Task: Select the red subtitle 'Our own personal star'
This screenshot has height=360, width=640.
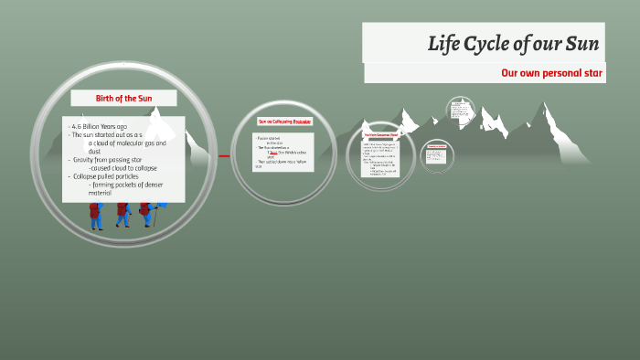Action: (x=552, y=73)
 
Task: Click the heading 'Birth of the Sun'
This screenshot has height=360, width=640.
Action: (x=123, y=98)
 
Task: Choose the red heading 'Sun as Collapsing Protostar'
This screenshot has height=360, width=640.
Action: (x=284, y=121)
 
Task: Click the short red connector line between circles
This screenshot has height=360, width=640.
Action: (x=224, y=156)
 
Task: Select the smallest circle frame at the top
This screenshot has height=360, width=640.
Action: (x=461, y=111)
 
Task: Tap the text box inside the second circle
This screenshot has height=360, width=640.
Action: (x=283, y=152)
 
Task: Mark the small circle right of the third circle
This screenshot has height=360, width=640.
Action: (x=437, y=155)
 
